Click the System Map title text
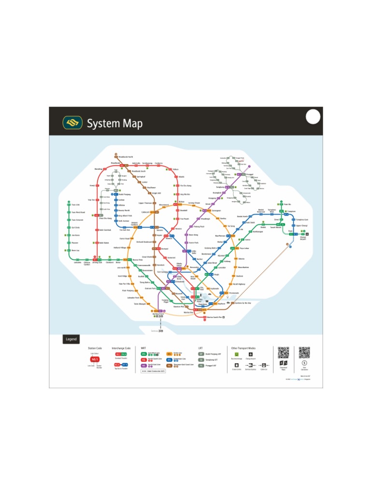(114, 123)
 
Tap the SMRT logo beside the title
(72, 123)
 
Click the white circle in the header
(313, 117)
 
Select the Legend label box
(71, 339)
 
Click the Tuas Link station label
(75, 205)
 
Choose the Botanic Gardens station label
(134, 224)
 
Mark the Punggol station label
(249, 175)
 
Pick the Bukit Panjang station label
(125, 194)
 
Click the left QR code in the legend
(283, 353)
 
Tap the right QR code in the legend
(304, 353)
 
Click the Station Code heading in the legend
(95, 348)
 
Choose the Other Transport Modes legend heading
(243, 348)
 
